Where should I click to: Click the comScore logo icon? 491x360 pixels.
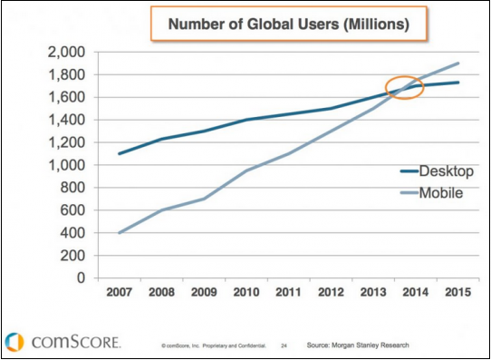(14, 342)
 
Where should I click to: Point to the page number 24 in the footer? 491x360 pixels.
(284, 345)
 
